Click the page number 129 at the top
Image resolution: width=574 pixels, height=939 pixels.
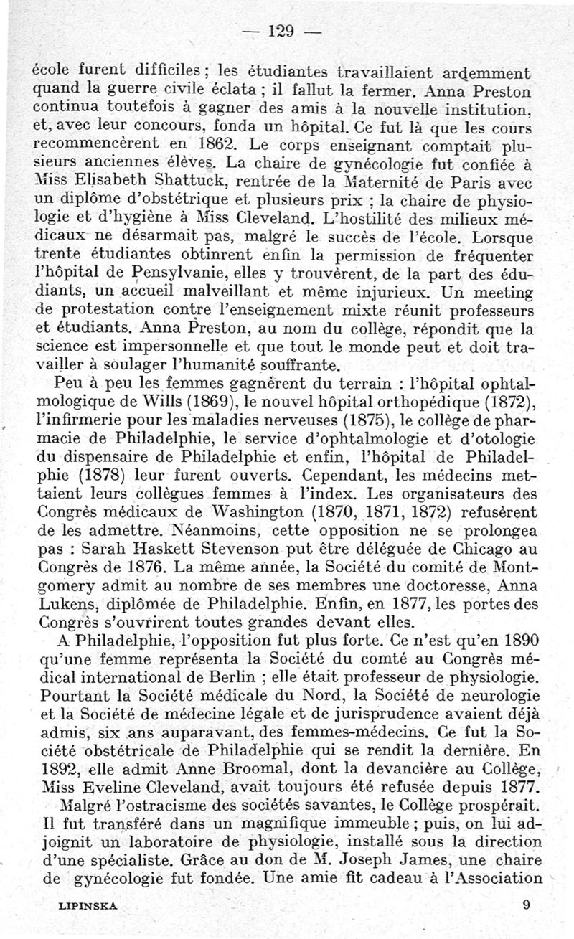click(280, 31)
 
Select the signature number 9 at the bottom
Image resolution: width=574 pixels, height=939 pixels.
click(526, 905)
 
